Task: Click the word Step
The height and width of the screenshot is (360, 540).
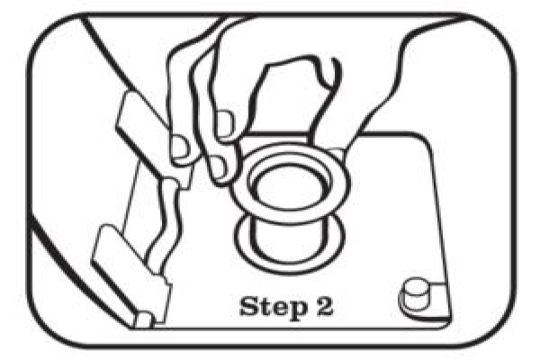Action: point(273,307)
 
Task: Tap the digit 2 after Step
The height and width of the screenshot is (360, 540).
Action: point(324,306)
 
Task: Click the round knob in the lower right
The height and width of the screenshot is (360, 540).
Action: point(415,293)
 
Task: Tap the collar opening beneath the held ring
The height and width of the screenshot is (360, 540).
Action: point(289,241)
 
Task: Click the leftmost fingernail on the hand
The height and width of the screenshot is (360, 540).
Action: point(180,148)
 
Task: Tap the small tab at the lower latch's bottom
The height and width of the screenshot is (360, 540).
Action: point(145,319)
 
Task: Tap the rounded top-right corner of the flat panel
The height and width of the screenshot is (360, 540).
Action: point(423,139)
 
